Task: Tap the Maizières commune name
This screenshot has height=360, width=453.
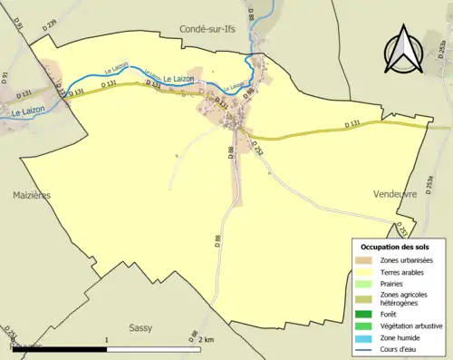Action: (32, 195)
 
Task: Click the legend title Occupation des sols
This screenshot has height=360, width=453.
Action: (396, 247)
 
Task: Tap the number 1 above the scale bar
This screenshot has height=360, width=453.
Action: (107, 340)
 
